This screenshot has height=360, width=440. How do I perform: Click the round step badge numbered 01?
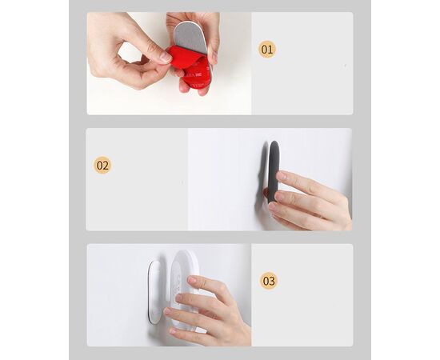267,50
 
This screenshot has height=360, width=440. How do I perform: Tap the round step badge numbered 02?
102,166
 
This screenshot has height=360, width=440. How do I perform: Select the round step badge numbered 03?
269,281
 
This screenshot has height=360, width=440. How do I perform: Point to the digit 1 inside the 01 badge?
270,50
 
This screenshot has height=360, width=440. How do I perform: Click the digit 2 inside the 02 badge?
106,166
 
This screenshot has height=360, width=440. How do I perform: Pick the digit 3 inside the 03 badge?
272,281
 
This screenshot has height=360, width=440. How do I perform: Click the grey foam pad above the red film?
190,38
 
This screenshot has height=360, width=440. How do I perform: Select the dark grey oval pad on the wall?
274,171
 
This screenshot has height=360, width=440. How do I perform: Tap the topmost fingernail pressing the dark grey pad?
282,176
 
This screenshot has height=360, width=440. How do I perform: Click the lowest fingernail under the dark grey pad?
273,206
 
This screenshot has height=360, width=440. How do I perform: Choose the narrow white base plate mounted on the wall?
154,292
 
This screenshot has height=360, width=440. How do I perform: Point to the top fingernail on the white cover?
192,279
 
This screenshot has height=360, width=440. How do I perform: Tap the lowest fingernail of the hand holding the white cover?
173,331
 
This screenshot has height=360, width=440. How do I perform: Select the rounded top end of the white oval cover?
186,254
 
